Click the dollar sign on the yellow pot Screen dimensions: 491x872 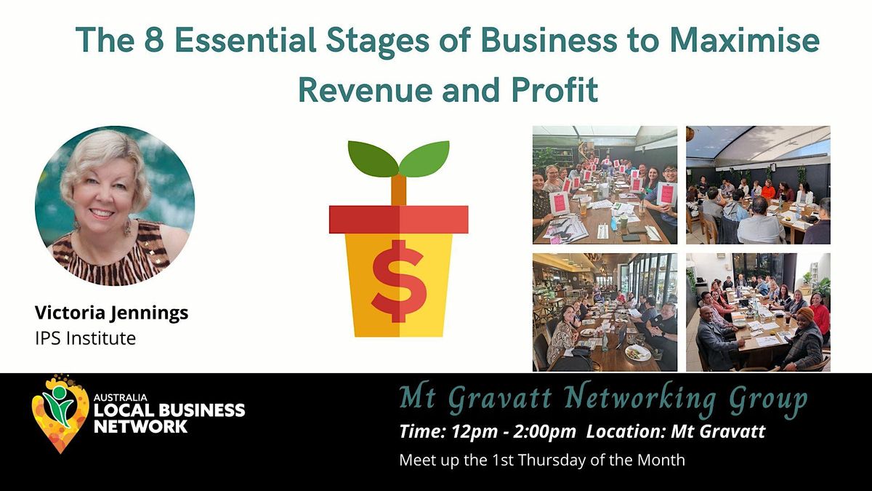click(x=398, y=281)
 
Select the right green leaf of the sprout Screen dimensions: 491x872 click(x=424, y=159)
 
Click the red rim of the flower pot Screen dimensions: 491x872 click(x=398, y=219)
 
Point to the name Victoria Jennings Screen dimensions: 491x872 click(x=112, y=313)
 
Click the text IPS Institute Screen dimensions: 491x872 click(x=85, y=338)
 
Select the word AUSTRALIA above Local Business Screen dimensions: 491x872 click(x=110, y=398)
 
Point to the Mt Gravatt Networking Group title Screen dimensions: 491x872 click(x=602, y=399)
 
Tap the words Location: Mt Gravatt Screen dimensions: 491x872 click(x=676, y=431)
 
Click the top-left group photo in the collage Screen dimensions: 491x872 click(x=605, y=185)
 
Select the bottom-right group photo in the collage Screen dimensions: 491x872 click(x=758, y=312)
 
